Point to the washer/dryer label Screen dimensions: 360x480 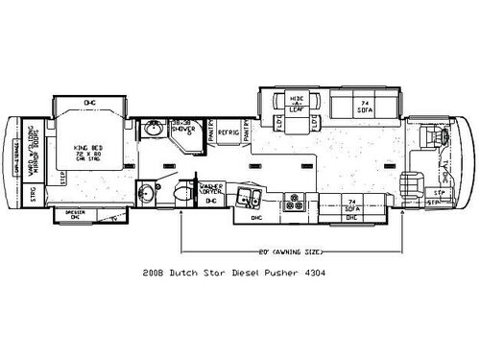(x=210, y=189)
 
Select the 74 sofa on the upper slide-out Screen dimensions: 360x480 (x=364, y=107)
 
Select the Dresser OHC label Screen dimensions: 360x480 (x=75, y=215)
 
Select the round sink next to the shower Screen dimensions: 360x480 (x=155, y=130)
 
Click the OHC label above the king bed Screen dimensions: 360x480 (x=89, y=102)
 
